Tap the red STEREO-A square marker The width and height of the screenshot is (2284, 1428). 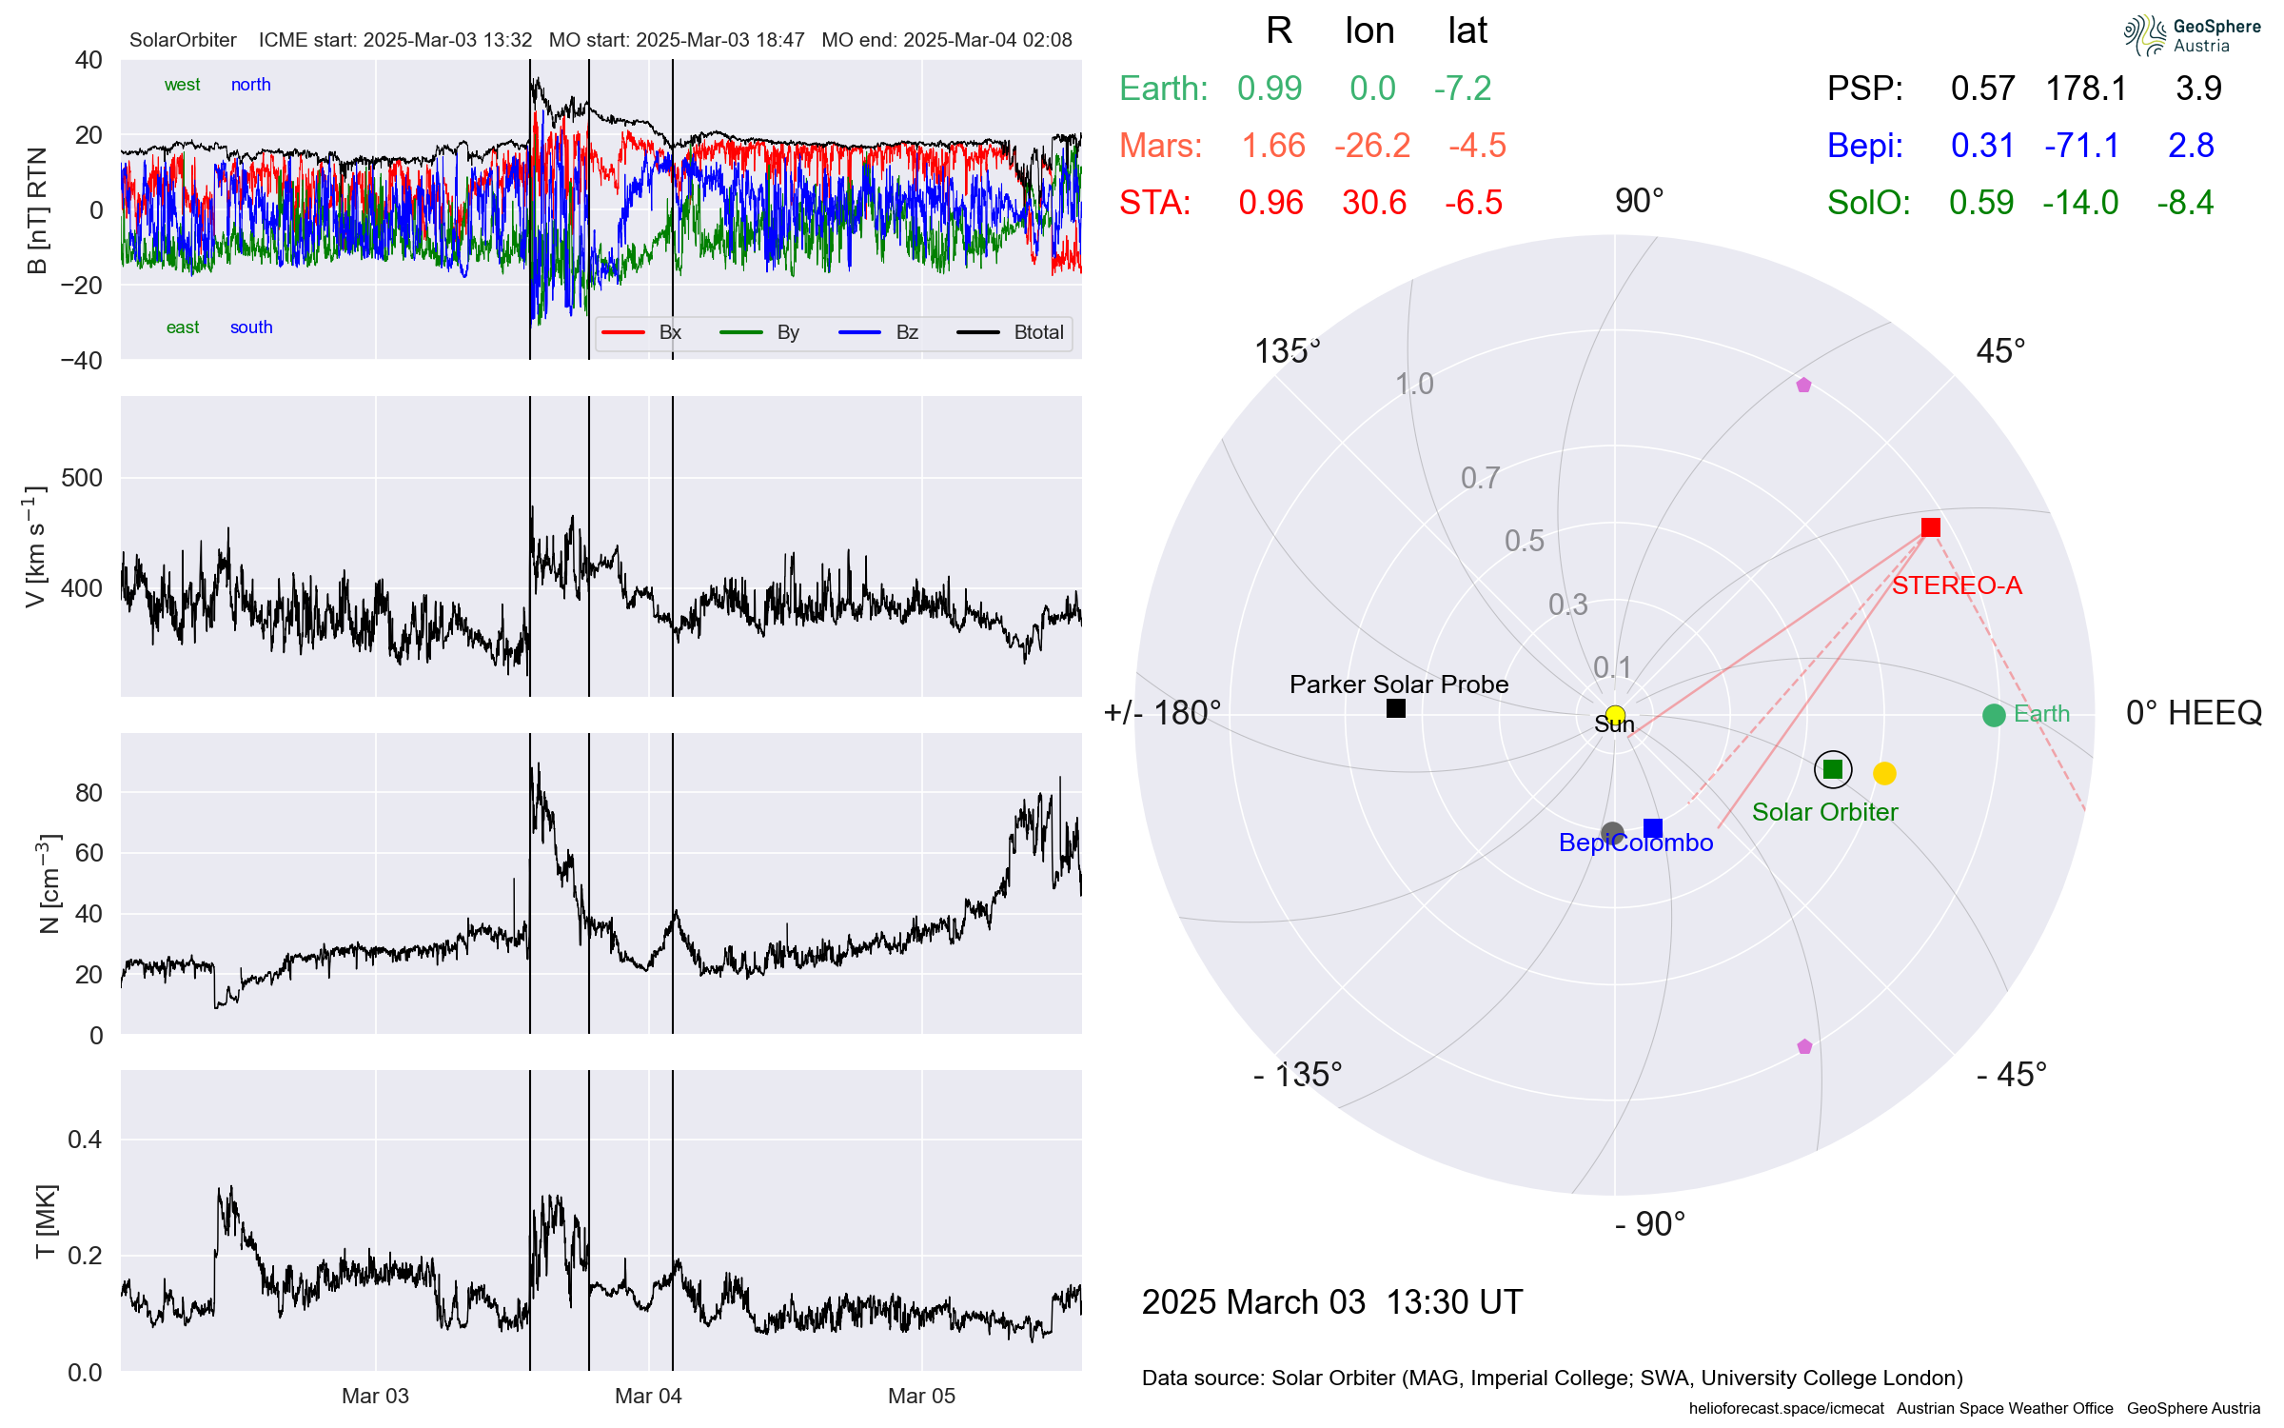click(1930, 527)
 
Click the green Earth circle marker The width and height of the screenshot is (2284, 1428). click(1994, 715)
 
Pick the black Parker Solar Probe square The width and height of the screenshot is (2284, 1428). click(1396, 708)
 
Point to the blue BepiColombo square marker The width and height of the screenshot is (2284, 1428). click(1653, 828)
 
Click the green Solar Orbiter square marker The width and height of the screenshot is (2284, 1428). click(1833, 769)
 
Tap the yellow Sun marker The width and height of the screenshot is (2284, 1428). click(1615, 715)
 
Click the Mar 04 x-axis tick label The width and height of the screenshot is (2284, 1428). click(648, 1396)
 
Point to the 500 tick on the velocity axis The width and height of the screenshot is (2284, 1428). click(82, 478)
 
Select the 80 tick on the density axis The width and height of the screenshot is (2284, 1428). click(89, 793)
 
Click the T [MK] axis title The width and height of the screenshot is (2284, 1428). click(46, 1221)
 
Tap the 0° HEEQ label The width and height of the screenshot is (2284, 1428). click(2193, 713)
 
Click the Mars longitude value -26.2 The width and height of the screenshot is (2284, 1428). click(1371, 146)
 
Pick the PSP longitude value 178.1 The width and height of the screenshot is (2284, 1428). click(2086, 89)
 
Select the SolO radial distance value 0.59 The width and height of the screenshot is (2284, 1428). click(1981, 203)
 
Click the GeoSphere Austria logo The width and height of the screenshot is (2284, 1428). click(2192, 36)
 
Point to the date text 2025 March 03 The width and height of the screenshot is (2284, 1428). click(1252, 1301)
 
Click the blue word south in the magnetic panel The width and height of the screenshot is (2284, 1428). click(251, 327)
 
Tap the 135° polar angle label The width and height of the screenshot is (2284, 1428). click(1287, 351)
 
